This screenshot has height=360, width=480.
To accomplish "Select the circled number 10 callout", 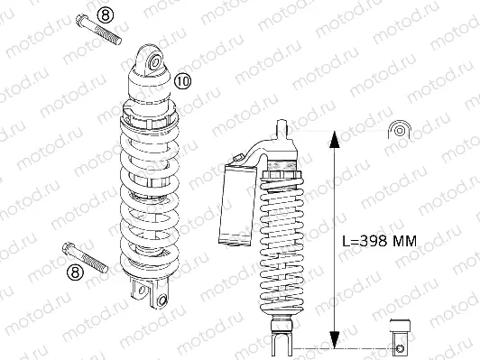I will pyautogui.click(x=183, y=81).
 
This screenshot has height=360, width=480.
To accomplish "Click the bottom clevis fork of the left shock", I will pyautogui.click(x=151, y=292).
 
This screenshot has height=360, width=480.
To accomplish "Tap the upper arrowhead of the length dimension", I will pyautogui.click(x=333, y=137).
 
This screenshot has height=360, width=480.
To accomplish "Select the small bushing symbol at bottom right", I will pyautogui.click(x=400, y=335).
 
